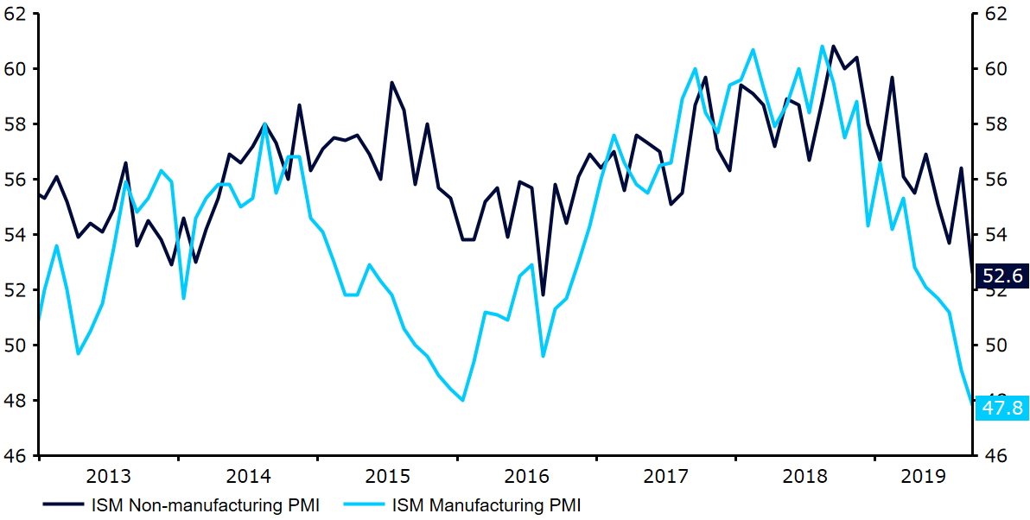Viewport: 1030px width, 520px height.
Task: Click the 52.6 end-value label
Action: click(1003, 276)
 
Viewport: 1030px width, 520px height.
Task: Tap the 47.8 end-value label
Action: click(1003, 407)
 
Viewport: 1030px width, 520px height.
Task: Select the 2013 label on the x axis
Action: click(108, 476)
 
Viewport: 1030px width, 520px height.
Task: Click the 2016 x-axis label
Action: click(526, 476)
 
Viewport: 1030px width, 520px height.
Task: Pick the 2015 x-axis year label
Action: click(387, 476)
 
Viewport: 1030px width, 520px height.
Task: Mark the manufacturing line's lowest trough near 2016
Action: click(463, 400)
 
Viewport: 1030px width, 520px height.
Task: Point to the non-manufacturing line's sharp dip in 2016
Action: click(543, 295)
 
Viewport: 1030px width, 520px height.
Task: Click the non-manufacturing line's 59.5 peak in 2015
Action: click(392, 83)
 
